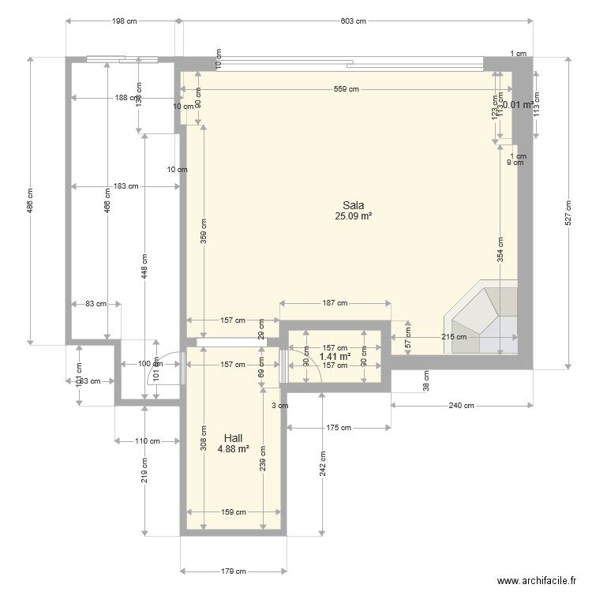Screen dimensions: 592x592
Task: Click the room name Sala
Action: (x=353, y=204)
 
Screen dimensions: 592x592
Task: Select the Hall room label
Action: (x=233, y=438)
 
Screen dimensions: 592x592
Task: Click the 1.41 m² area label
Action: (x=335, y=356)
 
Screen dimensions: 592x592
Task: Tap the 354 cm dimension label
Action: (x=500, y=250)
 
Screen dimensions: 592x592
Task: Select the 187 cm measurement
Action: (x=335, y=303)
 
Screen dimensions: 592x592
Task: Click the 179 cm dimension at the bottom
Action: (x=233, y=571)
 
